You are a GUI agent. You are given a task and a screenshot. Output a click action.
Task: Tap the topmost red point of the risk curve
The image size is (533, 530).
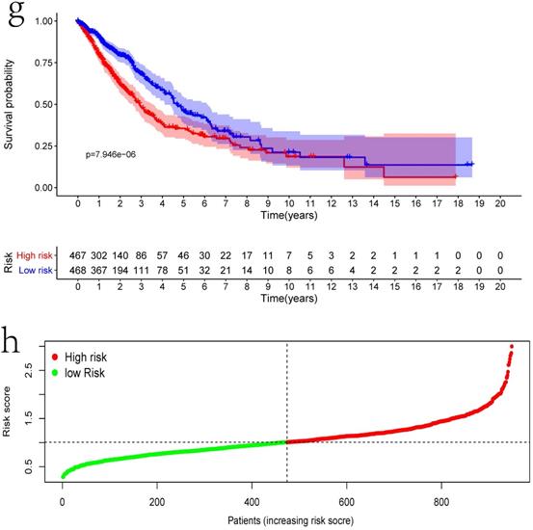point(511,346)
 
